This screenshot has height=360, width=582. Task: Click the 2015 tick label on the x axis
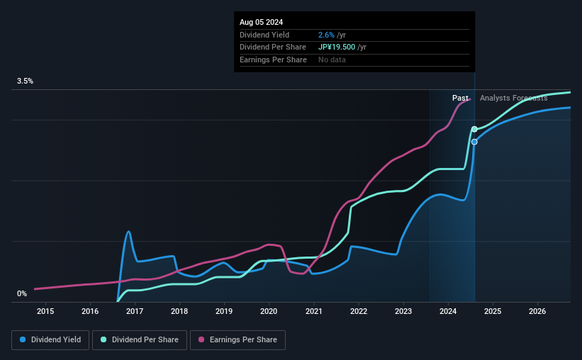pos(45,311)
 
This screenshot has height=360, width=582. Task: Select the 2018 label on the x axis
pos(179,311)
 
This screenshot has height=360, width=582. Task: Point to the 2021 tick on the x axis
pos(313,311)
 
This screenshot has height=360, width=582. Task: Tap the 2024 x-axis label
pos(448,311)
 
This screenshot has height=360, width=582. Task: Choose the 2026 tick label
pos(537,311)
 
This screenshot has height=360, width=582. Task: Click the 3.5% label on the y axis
pos(25,81)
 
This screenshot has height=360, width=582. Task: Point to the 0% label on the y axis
pos(22,293)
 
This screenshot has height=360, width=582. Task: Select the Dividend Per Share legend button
pos(140,340)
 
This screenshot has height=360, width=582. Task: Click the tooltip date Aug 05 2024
pos(261,22)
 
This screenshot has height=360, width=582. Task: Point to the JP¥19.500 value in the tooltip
pos(337,47)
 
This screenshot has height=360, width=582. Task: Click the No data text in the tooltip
pos(332,60)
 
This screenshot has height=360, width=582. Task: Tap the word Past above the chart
pos(460,99)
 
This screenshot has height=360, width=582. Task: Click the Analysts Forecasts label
pos(513,99)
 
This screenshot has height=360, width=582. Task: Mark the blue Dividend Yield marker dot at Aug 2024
pos(474,142)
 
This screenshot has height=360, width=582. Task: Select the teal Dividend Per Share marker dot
pos(474,129)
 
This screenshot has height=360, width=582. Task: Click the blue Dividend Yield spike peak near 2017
pos(128,232)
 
